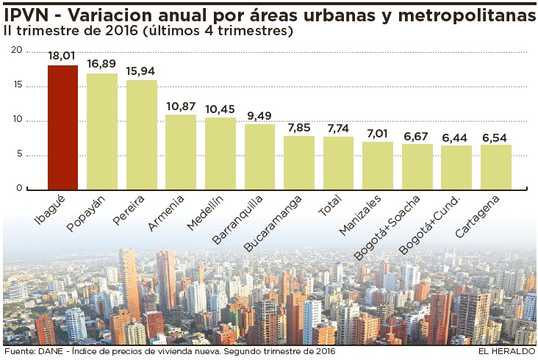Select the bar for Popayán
point(102,132)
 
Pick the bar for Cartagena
point(496,167)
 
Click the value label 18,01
point(62,56)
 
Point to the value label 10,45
point(220,109)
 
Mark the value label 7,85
point(299,127)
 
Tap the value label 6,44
point(456,137)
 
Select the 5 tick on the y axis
point(20,154)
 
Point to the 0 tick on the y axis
point(20,189)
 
